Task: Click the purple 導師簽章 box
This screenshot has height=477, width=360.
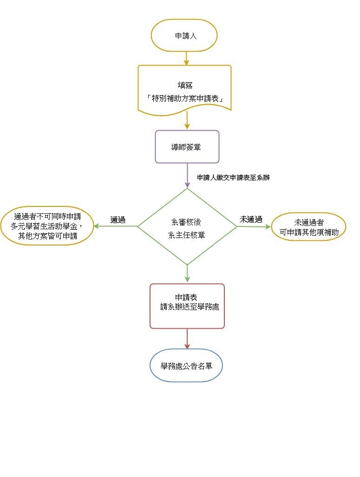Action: click(x=187, y=146)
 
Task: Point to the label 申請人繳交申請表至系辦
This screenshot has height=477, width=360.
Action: click(x=233, y=178)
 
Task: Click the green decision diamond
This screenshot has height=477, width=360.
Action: click(x=187, y=226)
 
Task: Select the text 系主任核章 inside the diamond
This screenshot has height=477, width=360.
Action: click(x=187, y=235)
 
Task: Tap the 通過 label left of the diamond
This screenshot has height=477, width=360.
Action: click(x=118, y=220)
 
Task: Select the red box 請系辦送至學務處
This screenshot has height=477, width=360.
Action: click(x=187, y=306)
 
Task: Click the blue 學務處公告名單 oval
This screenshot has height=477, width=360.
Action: click(x=186, y=365)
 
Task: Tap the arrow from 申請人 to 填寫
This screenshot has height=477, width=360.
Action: click(x=186, y=57)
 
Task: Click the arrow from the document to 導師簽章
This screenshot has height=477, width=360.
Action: click(x=187, y=120)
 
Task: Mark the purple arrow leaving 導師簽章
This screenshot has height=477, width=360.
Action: click(x=187, y=175)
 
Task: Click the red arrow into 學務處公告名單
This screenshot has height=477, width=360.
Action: click(x=187, y=339)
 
